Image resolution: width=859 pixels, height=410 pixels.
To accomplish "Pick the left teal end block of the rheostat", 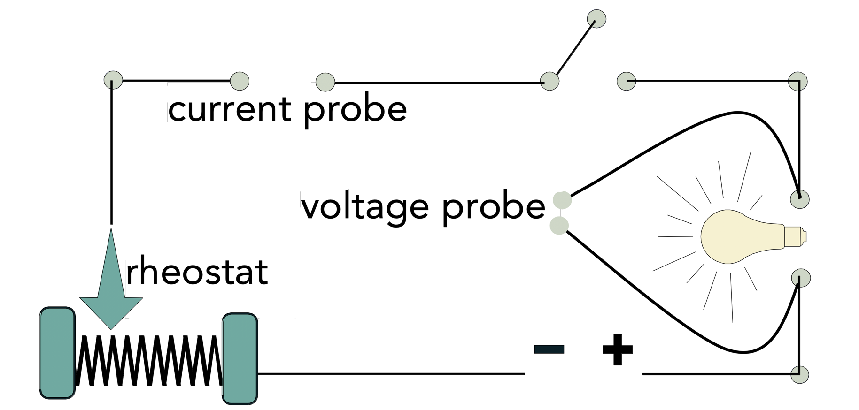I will (57, 353).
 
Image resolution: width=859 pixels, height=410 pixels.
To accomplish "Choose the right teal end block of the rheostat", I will (240, 358).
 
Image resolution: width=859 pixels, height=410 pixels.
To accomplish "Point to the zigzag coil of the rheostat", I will (148, 360).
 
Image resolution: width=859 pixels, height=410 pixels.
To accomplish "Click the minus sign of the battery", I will (549, 349).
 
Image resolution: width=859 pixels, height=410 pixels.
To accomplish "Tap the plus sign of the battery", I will (618, 349).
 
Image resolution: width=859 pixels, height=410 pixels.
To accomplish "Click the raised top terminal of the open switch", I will (596, 19).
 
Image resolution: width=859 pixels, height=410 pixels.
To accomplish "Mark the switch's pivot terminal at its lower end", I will (549, 81).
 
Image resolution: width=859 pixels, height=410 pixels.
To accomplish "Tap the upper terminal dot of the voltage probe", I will (562, 200).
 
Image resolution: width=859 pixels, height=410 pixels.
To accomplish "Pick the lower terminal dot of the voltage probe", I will (559, 226).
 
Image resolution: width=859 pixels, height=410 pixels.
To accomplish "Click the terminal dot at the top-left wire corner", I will (113, 80).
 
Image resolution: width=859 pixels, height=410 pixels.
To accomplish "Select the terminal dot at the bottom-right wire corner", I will (800, 375).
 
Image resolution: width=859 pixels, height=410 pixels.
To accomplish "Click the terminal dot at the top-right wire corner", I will (798, 81).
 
